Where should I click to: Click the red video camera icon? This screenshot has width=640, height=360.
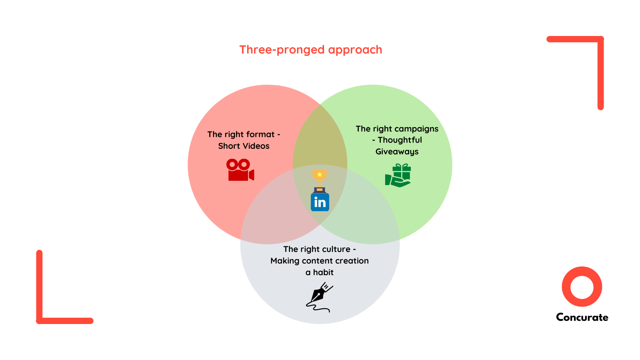point(240,170)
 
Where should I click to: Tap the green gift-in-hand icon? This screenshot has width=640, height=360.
point(398,175)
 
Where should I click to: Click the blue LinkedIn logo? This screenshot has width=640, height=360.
point(320,202)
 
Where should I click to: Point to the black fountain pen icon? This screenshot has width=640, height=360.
point(319,297)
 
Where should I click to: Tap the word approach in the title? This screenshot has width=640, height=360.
point(355,50)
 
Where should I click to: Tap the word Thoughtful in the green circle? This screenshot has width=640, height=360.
point(400,140)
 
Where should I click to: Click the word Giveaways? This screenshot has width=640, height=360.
point(397,152)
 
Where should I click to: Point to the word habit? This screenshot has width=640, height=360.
point(323,272)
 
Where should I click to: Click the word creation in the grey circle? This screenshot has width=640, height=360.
point(352,261)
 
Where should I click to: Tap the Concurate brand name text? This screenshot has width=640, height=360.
point(582,317)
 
